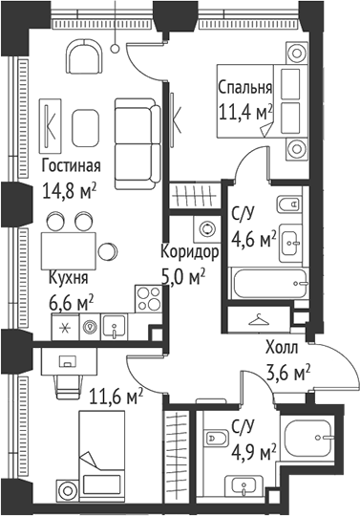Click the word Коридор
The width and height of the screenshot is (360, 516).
pos(191,253)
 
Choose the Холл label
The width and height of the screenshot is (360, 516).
pos(281,349)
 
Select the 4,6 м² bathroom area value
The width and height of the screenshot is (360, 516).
pos(254,238)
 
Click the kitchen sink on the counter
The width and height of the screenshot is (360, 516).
pos(116,325)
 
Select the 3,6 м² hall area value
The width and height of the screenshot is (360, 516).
pos(287,372)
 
